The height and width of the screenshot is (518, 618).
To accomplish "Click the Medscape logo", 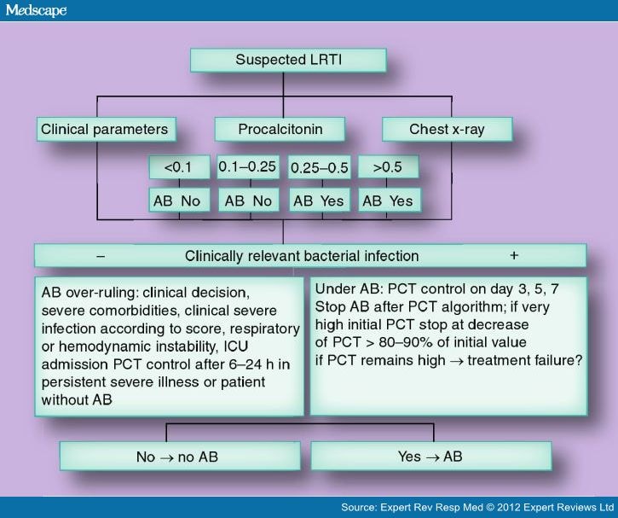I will coord(35,10).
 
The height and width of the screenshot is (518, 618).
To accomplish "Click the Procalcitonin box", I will coord(280,130).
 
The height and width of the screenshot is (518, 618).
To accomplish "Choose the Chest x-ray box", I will coord(447,130).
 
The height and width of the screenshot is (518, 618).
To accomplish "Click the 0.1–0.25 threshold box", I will coord(247,167).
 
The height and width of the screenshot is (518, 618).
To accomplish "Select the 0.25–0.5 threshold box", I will coord(320,167).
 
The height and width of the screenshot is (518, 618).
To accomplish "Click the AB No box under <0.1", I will coord(178,201).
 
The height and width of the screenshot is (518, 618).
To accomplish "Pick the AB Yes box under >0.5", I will coord(389,201).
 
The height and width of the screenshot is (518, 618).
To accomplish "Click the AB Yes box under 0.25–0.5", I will coord(320,201).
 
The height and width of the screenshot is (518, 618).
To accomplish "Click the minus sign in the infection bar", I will coord(101,256).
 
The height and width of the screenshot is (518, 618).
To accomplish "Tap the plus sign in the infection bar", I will coord(514,256).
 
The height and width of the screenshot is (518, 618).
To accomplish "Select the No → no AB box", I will coord(176,457).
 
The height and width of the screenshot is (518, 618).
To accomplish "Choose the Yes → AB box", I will coord(430,457).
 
